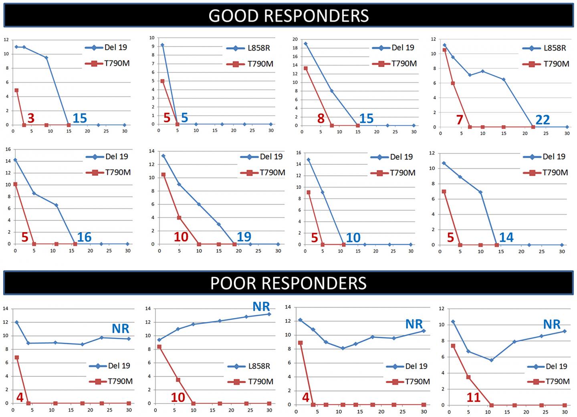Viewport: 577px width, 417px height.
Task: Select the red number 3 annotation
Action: (31, 118)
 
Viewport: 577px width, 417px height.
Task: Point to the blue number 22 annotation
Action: (543, 119)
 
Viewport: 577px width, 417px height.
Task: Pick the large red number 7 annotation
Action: (460, 119)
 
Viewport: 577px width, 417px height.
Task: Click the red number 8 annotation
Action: (321, 118)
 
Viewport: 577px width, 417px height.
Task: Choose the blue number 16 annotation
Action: (84, 237)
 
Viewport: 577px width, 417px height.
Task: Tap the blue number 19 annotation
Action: (244, 237)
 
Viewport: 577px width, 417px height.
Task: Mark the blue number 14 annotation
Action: (506, 237)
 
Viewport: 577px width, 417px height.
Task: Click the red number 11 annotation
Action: (473, 397)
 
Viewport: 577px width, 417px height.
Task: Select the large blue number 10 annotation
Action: (353, 238)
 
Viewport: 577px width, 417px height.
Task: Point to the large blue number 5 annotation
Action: (184, 118)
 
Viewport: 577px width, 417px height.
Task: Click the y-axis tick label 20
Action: (295, 39)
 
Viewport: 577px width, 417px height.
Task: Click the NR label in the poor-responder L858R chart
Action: (261, 307)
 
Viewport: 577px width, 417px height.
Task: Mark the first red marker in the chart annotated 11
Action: (453, 346)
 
